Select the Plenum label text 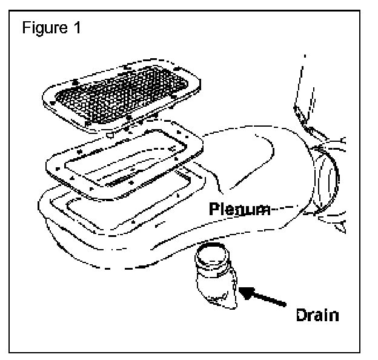click(239, 210)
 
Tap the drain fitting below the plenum click(214, 275)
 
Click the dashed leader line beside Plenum click(285, 211)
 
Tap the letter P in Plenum click(214, 210)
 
